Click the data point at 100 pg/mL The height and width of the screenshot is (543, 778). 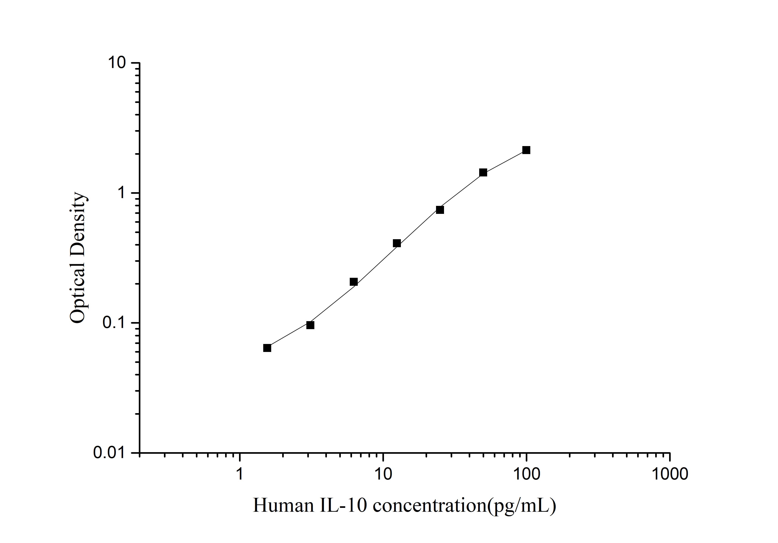coord(526,150)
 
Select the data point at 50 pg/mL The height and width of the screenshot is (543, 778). coord(483,173)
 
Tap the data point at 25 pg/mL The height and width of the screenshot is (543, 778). coord(440,210)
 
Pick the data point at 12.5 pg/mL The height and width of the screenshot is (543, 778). coord(397,243)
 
